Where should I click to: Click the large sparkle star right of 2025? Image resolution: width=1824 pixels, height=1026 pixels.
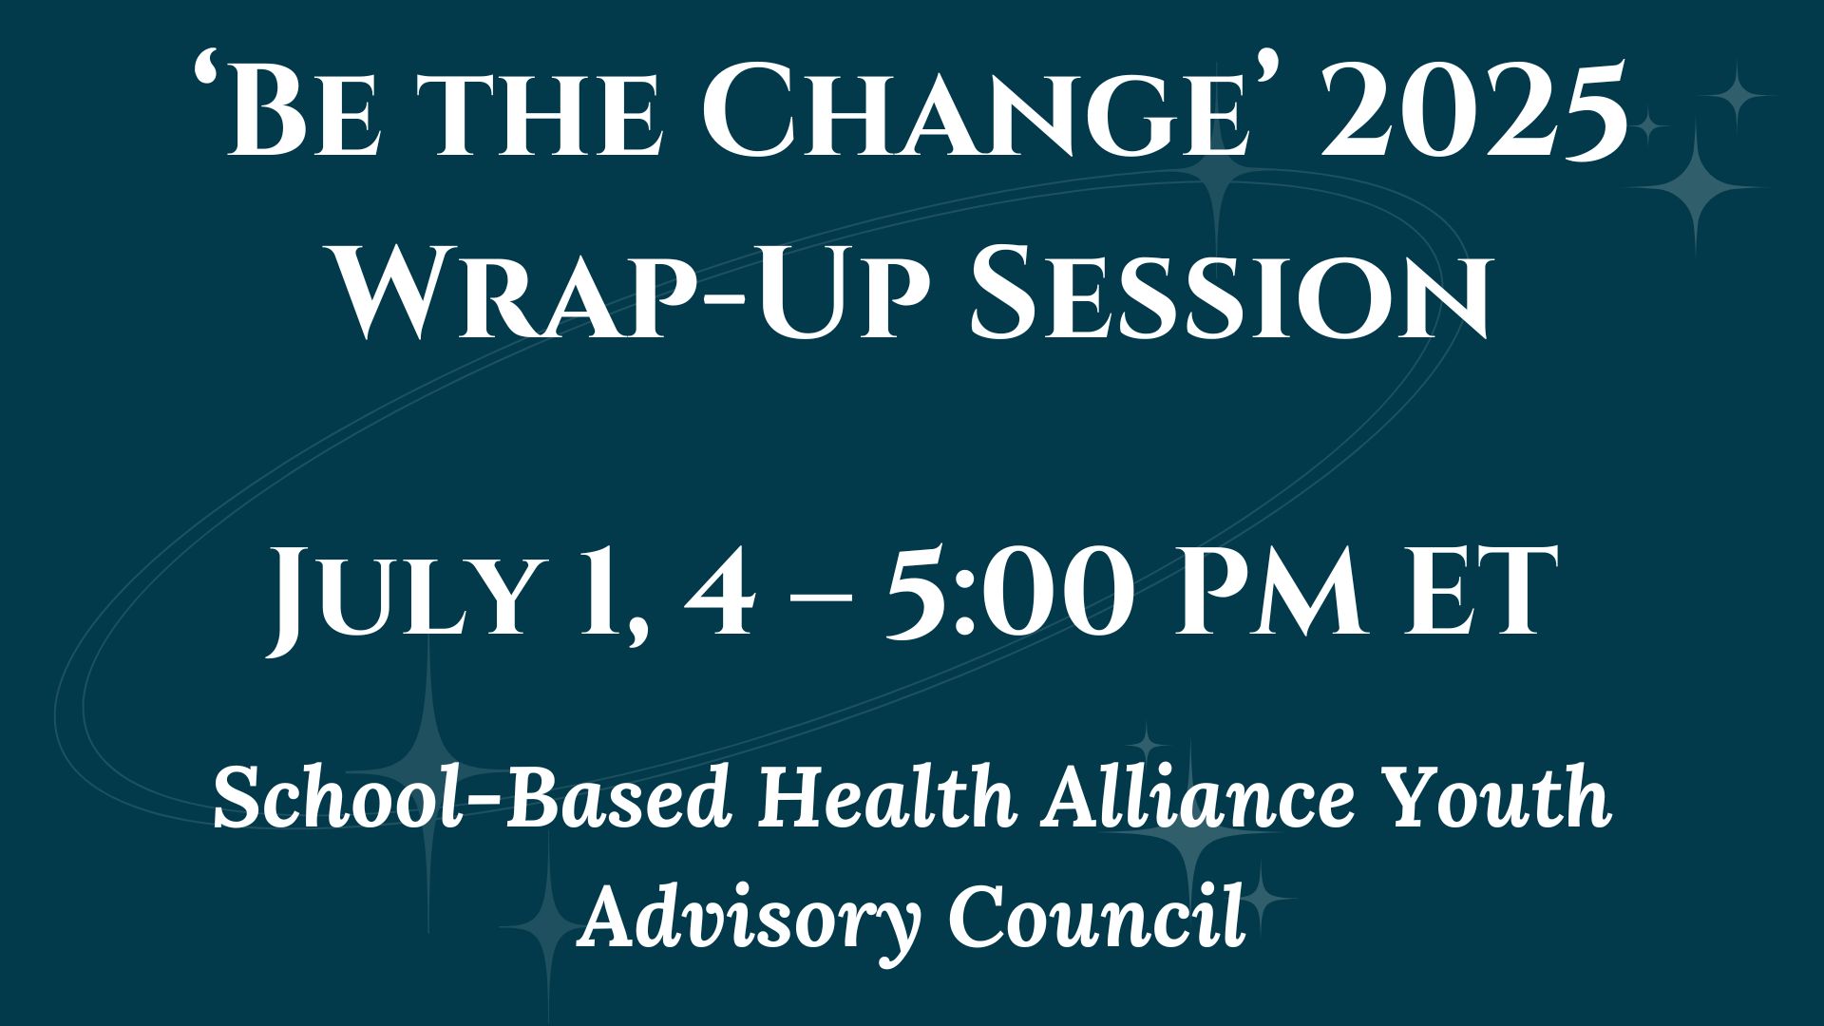coord(1697,188)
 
